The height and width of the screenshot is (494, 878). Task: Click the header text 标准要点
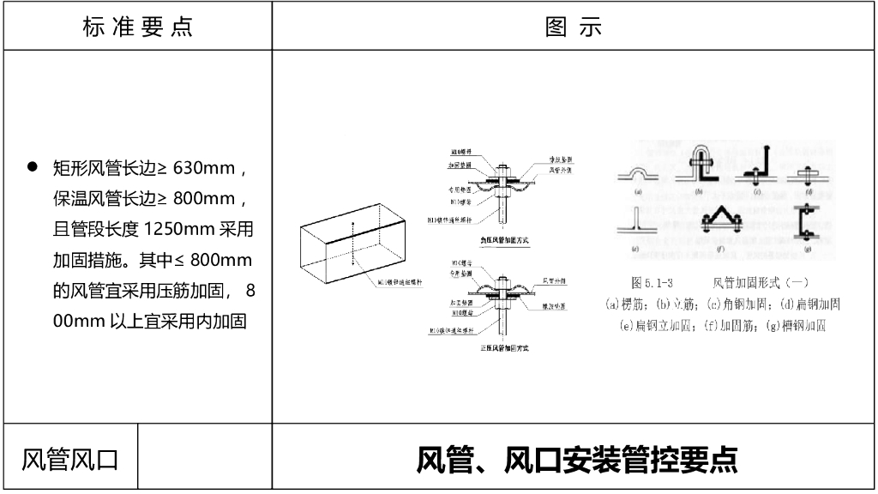pos(137,27)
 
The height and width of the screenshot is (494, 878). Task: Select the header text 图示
pos(574,27)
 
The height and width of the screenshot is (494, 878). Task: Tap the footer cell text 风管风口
pos(70,459)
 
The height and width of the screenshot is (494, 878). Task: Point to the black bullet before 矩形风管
pos(33,166)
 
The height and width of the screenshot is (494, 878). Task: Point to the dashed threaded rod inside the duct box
pos(352,249)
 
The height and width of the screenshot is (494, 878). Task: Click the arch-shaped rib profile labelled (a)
pos(639,176)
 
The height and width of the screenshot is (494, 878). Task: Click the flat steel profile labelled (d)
pos(807,174)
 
